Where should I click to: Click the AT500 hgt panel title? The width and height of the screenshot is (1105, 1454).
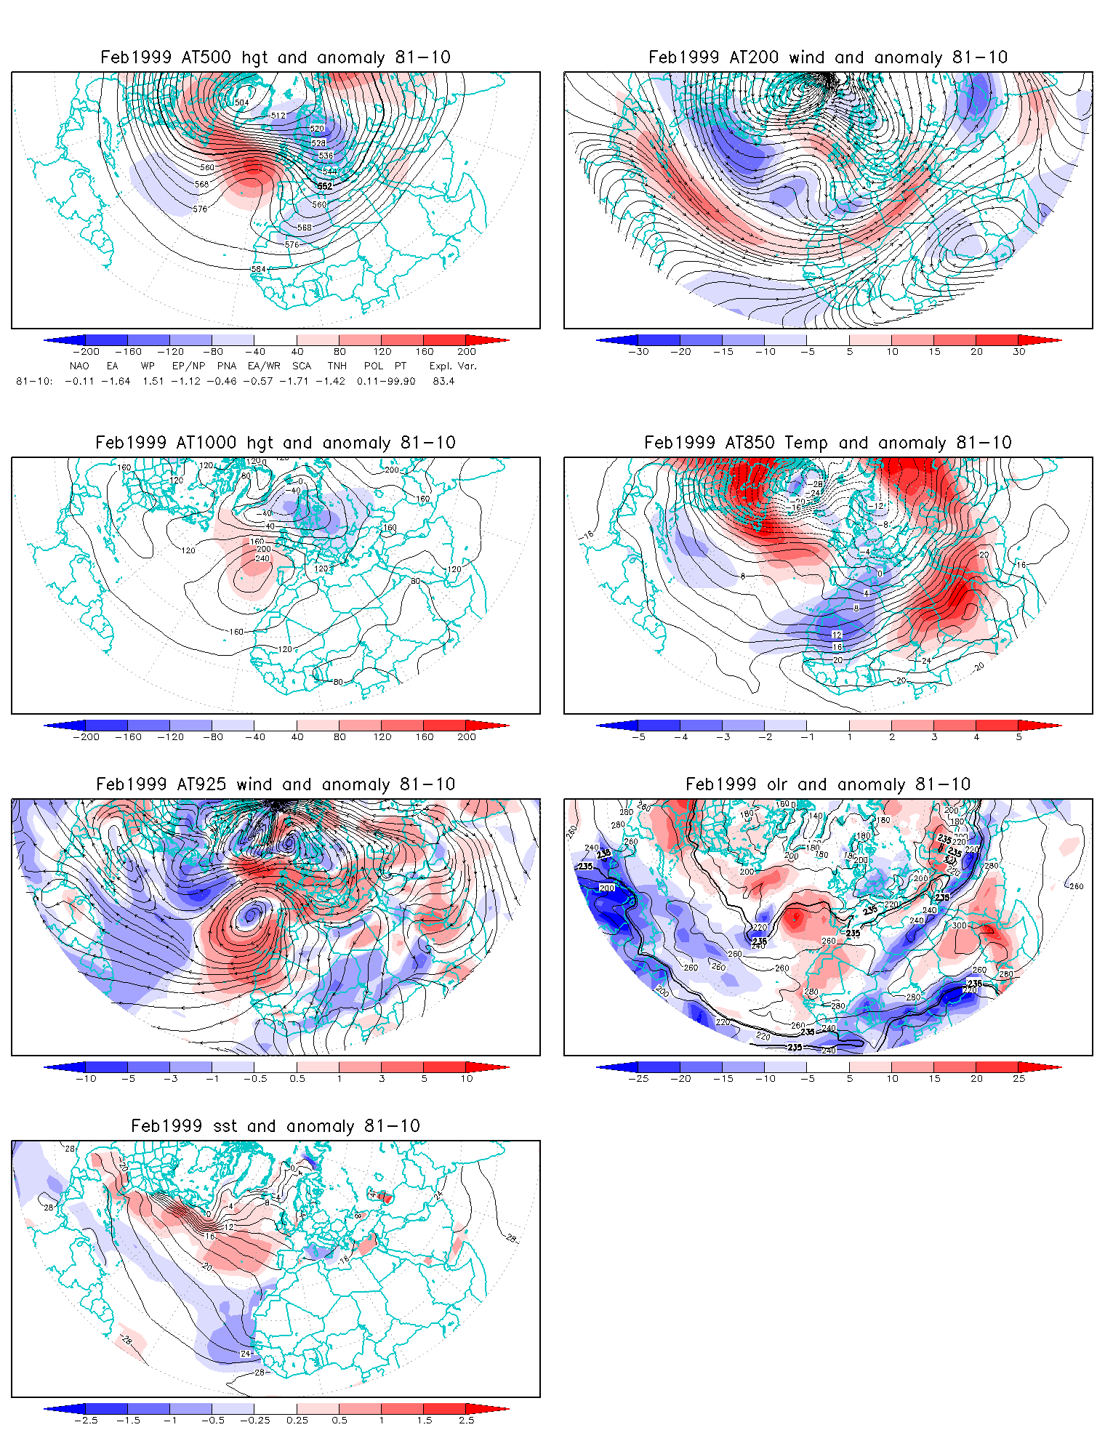pos(276,57)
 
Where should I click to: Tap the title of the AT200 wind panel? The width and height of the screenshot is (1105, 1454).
pos(828,57)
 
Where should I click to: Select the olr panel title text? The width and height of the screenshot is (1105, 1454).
pos(828,784)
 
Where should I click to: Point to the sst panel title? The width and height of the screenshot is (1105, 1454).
pos(276,1126)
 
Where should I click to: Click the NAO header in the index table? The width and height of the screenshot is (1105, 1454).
pos(79,366)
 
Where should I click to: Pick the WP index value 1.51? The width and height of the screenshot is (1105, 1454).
pos(153,381)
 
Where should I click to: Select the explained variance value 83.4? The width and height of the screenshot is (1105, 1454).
pos(443,381)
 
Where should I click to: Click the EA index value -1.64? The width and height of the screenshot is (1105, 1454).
pos(116,381)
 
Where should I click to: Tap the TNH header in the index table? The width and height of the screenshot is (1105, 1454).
pos(337,366)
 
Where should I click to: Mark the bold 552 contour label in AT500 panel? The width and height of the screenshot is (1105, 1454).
pos(325,186)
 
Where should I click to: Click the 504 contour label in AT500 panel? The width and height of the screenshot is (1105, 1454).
pos(242,103)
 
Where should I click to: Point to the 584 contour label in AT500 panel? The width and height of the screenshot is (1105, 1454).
pos(259,269)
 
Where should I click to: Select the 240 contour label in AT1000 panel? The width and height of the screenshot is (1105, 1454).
pos(262,558)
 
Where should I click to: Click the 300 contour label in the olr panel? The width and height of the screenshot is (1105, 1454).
pos(960,925)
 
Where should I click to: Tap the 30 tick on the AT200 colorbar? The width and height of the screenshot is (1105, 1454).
pos(1019,352)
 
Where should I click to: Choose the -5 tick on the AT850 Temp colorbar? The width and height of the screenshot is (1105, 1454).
pos(638,737)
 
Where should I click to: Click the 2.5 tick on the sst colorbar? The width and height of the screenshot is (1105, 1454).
pos(467,1421)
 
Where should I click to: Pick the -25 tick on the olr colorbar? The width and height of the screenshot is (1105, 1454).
pos(638,1079)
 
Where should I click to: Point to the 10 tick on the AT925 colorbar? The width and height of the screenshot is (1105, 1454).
pos(467,1079)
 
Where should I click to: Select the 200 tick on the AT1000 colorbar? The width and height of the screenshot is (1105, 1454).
pos(467,737)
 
